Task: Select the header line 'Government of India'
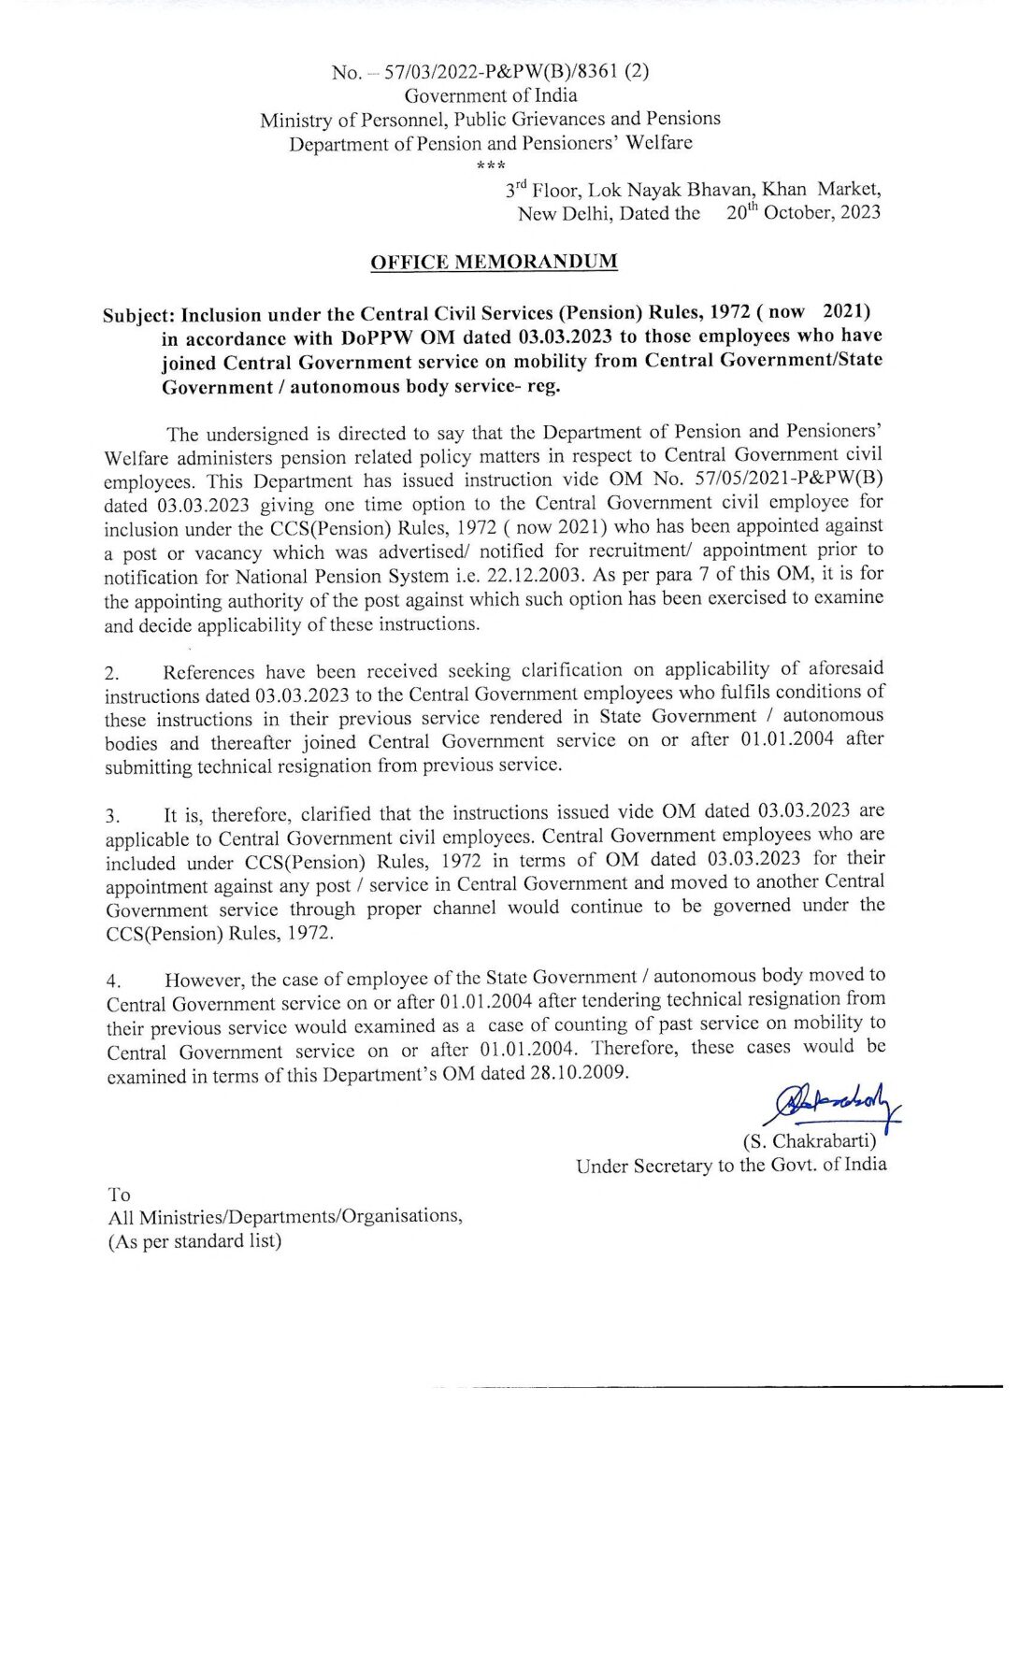pos(491,95)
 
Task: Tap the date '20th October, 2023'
pos(803,212)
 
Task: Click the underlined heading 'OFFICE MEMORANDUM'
pos(494,262)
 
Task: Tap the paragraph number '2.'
pos(112,673)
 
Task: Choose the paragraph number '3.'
pos(113,816)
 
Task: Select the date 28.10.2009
pos(579,1072)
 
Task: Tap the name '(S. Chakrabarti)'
pos(810,1141)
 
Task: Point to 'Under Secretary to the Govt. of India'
pos(731,1166)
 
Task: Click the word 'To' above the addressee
pos(120,1195)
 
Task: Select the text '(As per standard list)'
pos(194,1241)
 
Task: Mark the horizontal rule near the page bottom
pos(729,1387)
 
